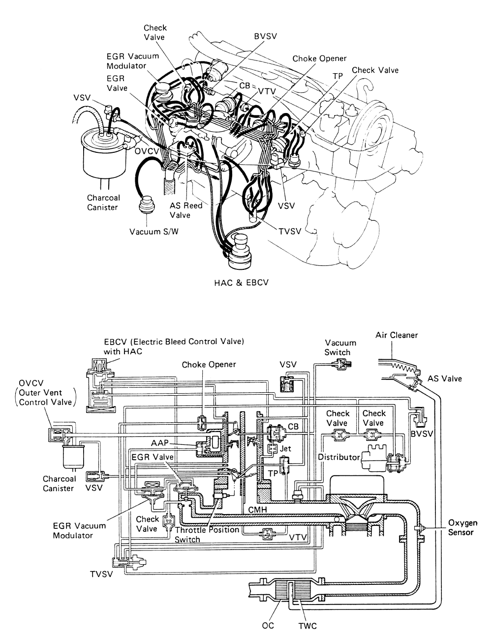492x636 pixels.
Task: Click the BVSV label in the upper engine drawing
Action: (265, 36)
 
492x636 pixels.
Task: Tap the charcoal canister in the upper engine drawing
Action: (103, 155)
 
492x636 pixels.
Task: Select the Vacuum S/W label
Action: (154, 232)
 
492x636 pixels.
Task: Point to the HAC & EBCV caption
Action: (241, 283)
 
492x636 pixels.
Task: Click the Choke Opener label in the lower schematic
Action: (209, 365)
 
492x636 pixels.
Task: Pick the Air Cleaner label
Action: (397, 335)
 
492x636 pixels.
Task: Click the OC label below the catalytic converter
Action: (268, 626)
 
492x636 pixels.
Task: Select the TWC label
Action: (307, 626)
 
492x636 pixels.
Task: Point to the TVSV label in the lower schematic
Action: (101, 574)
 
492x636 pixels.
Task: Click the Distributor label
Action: (339, 457)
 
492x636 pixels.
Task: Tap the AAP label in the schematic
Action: (160, 443)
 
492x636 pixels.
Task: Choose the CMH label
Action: (258, 510)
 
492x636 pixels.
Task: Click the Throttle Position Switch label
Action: (207, 534)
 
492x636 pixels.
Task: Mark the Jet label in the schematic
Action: (285, 448)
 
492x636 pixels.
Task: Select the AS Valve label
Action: (445, 379)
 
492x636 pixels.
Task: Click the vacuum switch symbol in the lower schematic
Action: (341, 364)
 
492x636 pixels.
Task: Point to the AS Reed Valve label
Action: (186, 210)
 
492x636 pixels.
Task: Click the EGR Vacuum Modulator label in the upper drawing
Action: (133, 61)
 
